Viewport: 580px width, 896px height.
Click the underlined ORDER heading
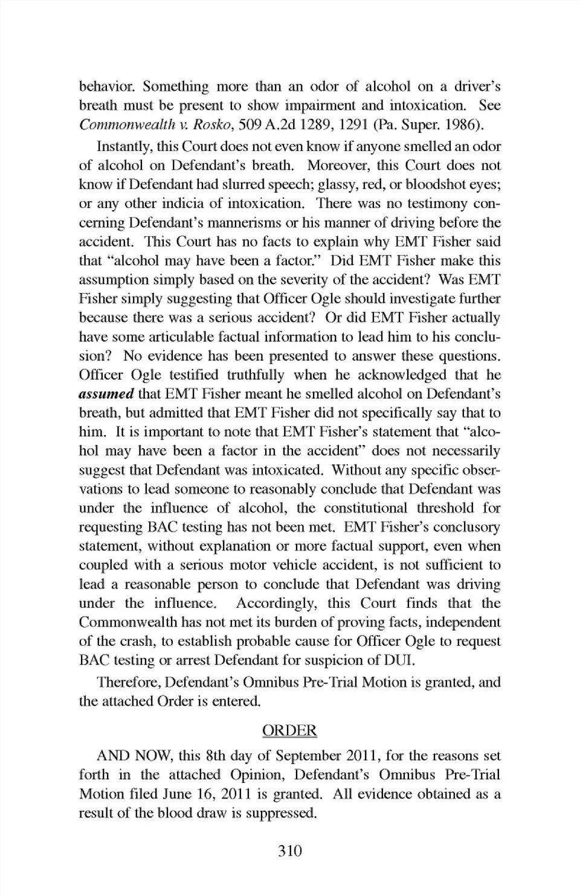pyautogui.click(x=289, y=730)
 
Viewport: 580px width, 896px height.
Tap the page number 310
pyautogui.click(x=289, y=851)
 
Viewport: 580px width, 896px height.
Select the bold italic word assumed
pyautogui.click(x=106, y=395)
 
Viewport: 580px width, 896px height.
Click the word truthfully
pyautogui.click(x=256, y=375)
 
